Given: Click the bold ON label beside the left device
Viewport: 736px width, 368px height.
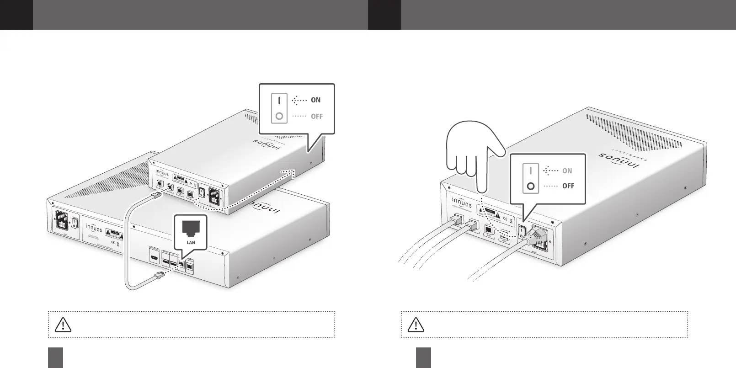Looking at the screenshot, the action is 315,100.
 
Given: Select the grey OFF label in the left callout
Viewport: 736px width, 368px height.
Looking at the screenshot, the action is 316,117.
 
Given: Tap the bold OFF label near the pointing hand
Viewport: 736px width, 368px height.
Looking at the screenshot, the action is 568,186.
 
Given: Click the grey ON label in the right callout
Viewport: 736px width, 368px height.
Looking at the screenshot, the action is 567,171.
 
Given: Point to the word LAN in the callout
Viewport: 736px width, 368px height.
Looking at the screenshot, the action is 191,242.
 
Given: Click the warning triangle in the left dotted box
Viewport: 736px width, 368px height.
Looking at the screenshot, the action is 63,324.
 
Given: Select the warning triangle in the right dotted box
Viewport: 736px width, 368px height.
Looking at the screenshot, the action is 416,324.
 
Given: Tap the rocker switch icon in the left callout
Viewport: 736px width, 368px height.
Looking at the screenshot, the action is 279,108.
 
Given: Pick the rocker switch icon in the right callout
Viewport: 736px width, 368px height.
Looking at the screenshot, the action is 530,179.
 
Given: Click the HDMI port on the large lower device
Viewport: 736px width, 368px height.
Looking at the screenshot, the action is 154,258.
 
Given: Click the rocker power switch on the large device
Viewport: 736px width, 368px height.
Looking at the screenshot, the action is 75,223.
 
